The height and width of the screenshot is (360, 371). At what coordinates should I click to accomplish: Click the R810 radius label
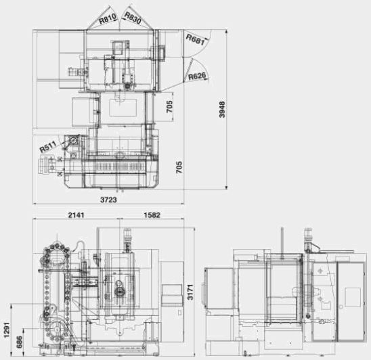tap(108, 19)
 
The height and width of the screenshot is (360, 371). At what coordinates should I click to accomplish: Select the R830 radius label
tap(133, 18)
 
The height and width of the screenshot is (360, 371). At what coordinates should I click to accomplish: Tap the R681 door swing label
tap(195, 39)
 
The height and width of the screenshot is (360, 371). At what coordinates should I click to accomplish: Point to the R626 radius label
tap(197, 76)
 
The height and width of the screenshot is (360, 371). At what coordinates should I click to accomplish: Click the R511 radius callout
tap(48, 147)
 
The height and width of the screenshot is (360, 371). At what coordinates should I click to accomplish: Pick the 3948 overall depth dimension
tap(222, 110)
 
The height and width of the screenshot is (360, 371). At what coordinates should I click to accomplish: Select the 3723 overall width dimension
tap(108, 200)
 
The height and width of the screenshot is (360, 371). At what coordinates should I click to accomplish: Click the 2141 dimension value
tap(77, 215)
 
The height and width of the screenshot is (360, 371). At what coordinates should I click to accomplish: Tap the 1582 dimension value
tap(152, 215)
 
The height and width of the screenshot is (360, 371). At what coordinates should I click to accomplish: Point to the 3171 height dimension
tap(190, 292)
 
